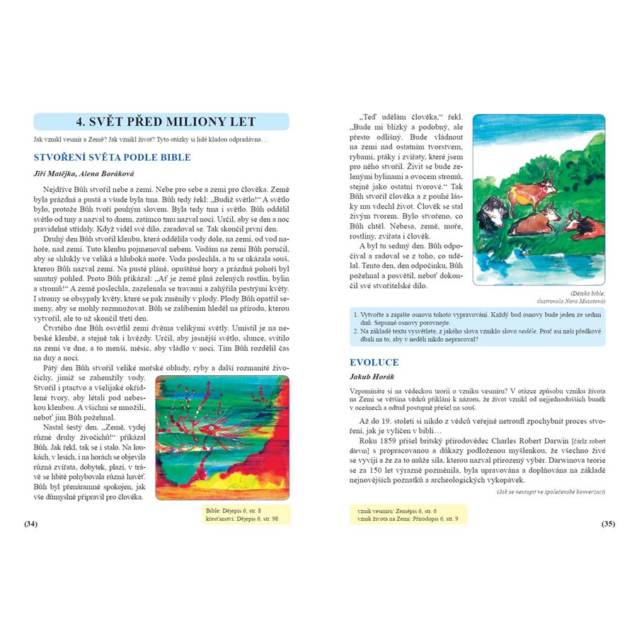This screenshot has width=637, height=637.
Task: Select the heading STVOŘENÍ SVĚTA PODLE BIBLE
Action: (x=113, y=157)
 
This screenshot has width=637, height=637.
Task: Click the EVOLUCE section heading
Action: (x=374, y=362)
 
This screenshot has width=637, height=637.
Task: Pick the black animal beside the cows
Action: (x=490, y=212)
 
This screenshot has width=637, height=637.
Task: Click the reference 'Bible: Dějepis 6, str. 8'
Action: (x=234, y=510)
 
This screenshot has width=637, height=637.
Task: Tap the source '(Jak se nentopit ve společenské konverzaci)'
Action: (x=551, y=492)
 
